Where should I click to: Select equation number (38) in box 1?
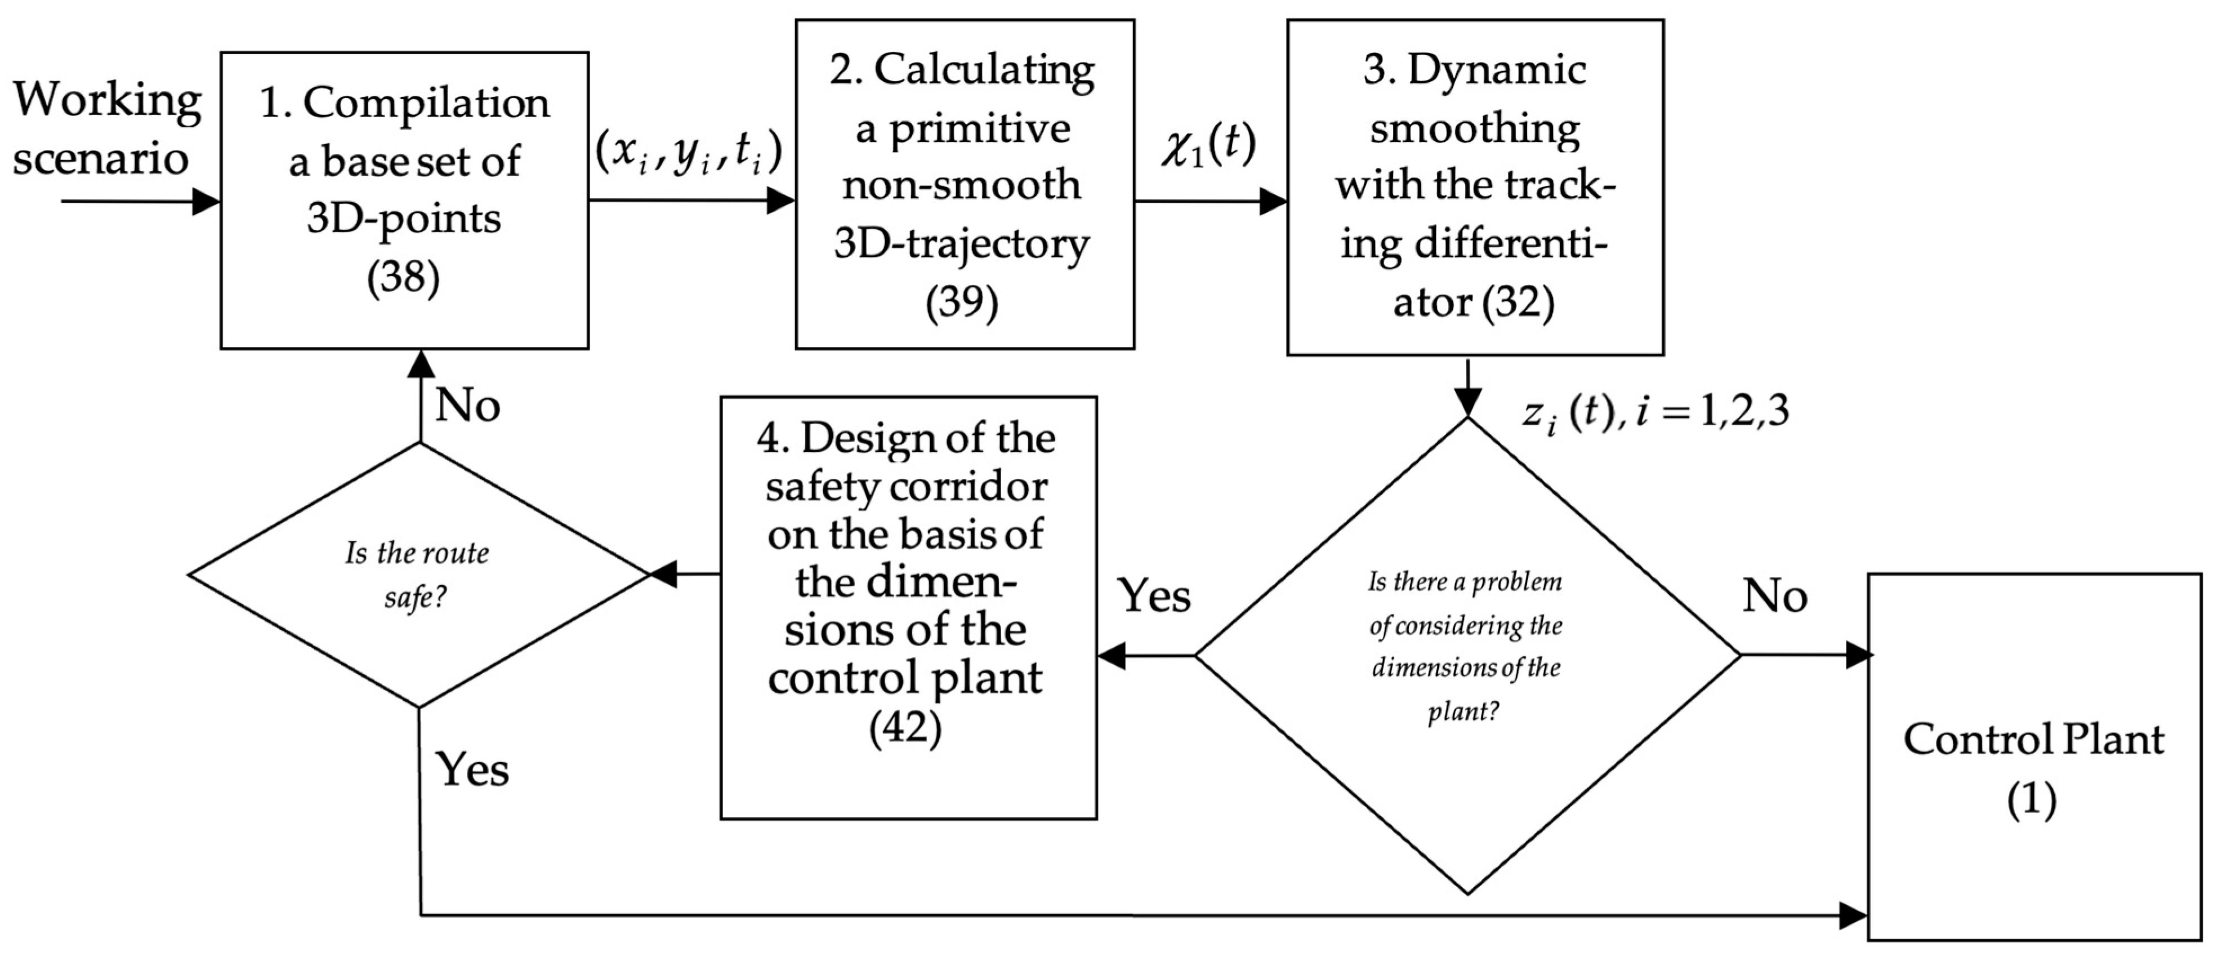tap(403, 277)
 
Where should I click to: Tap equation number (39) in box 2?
tap(962, 302)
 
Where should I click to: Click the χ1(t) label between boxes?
tap(1208, 145)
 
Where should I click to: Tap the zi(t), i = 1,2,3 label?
tap(1655, 412)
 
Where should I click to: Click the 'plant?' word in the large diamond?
tap(1463, 711)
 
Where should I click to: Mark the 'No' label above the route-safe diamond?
tap(467, 404)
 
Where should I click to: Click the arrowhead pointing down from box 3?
tap(1467, 402)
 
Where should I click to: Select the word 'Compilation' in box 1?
tap(425, 103)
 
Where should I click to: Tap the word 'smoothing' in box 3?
tap(1475, 128)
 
